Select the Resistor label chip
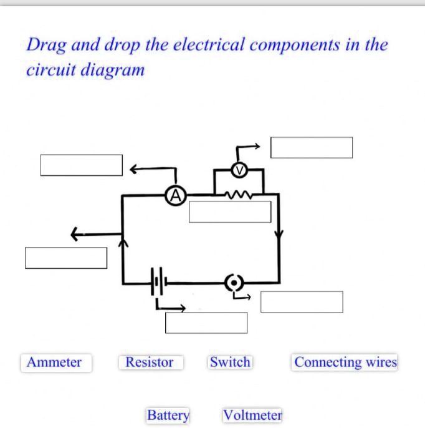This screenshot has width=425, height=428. point(150,362)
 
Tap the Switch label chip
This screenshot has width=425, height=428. point(230,362)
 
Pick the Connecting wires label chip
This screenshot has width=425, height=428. point(345,362)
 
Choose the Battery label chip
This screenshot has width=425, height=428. point(168,415)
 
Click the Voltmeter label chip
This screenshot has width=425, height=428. point(252,415)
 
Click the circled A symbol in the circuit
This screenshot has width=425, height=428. point(176,197)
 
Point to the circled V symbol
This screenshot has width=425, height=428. point(237,170)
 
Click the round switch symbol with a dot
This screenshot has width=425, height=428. point(234,283)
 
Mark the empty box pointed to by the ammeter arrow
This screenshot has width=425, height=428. point(82,165)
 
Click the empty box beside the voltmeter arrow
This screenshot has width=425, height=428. point(312,148)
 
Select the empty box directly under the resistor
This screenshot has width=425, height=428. point(230,212)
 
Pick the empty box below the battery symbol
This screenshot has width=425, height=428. point(206,323)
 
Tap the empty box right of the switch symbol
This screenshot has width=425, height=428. point(302,302)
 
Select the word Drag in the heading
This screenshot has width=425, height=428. point(45,45)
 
